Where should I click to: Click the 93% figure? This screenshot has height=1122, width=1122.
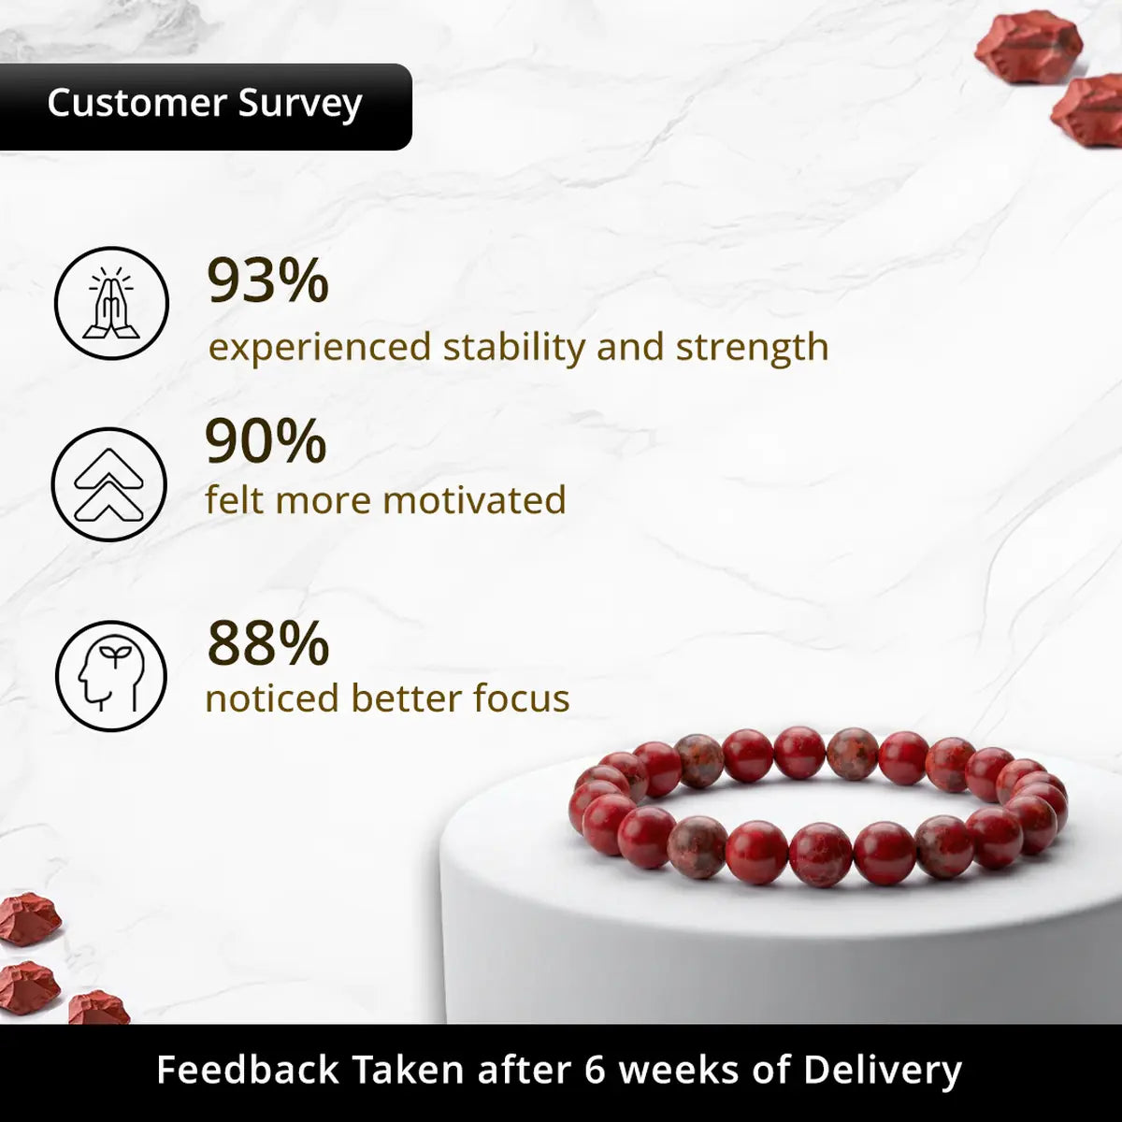coord(267,281)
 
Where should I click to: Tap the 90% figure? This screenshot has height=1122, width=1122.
coord(266,440)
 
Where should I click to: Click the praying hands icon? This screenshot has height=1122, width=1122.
coord(111,303)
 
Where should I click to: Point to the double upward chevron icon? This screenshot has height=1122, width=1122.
coord(108,484)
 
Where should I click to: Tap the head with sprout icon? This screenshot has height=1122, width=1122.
coord(111,676)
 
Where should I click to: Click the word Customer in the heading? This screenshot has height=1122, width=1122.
coord(137,103)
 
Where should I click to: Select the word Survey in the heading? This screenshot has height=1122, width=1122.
coord(300,106)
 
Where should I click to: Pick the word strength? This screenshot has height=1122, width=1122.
coord(753,347)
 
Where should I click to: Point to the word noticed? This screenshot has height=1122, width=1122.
coord(272,698)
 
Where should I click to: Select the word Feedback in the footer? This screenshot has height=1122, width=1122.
coord(248,1069)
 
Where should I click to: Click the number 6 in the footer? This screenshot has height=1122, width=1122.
coord(595,1070)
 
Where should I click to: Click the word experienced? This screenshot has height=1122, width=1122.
coord(320,349)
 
